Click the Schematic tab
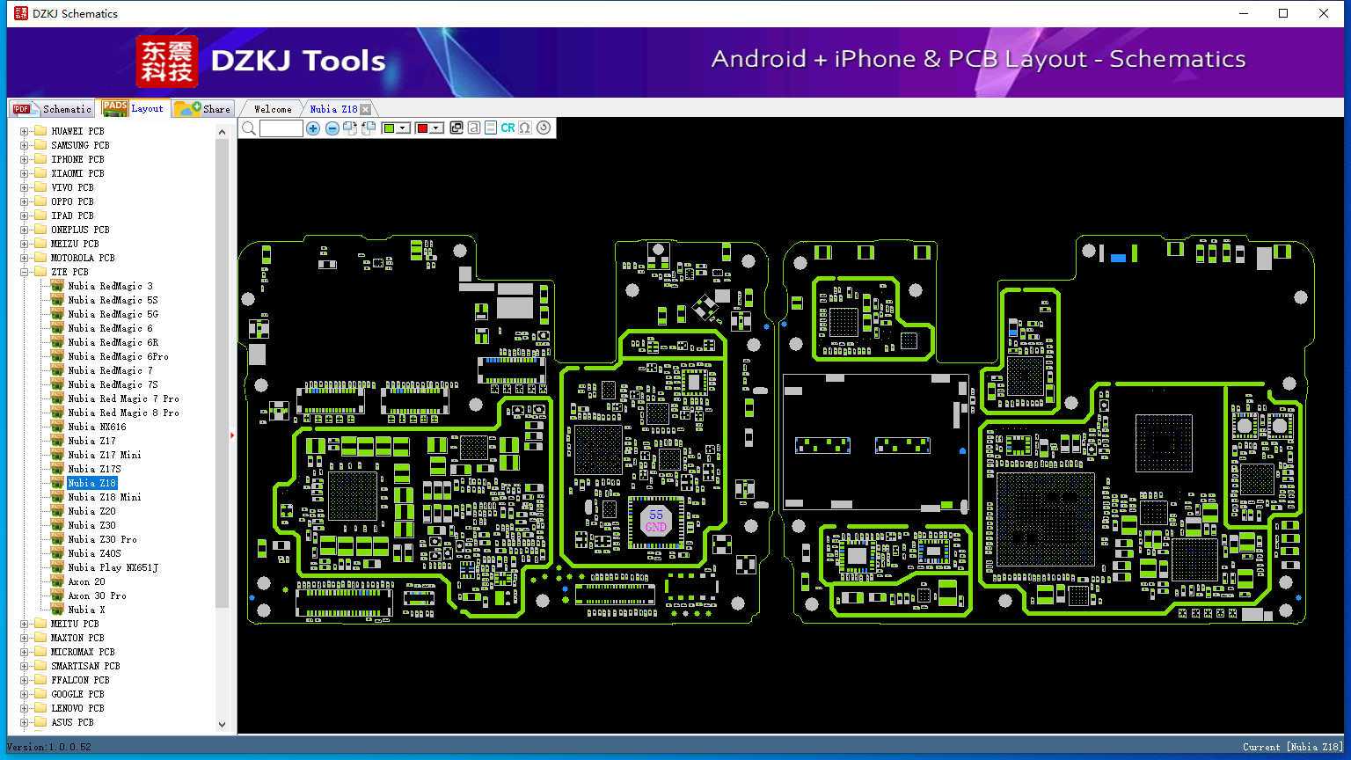pos(52,108)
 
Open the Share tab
pos(202,108)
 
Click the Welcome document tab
pos(273,109)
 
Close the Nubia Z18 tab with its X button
pos(366,109)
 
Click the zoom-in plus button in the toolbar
pos(312,128)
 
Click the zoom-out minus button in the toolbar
pos(332,128)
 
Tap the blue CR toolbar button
pos(508,128)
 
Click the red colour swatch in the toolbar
pos(422,128)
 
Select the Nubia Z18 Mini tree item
pos(105,497)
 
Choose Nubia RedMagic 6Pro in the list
pos(118,356)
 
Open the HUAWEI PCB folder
pos(77,131)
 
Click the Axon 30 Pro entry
pos(97,596)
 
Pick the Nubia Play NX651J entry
pos(113,567)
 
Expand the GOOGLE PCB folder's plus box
pos(24,694)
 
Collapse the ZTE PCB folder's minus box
pos(24,272)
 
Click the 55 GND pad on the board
pos(655,521)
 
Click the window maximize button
pos(1283,13)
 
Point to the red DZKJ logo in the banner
pos(167,62)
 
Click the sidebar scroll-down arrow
pos(222,725)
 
